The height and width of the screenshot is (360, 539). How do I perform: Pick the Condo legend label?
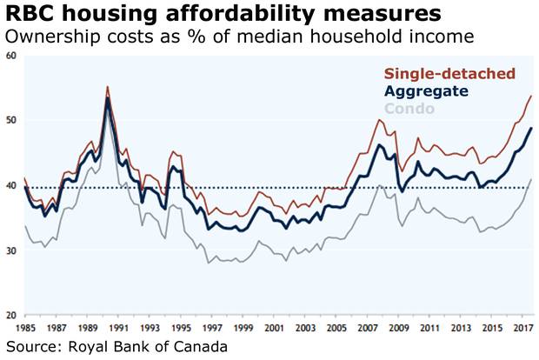click(x=429, y=109)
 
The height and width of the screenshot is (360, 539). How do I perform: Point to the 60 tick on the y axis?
click(x=11, y=56)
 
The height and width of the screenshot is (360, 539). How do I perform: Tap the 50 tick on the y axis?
click(x=11, y=120)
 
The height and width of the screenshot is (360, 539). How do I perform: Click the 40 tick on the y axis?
click(x=11, y=185)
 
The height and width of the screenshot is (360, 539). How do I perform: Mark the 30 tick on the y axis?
click(x=11, y=250)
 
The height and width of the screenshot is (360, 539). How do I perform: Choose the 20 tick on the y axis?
click(x=11, y=315)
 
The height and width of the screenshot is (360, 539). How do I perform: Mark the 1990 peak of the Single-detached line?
click(x=107, y=86)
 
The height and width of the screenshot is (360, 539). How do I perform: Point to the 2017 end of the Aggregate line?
click(x=531, y=129)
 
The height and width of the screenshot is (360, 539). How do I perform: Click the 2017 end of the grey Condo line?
click(x=531, y=179)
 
